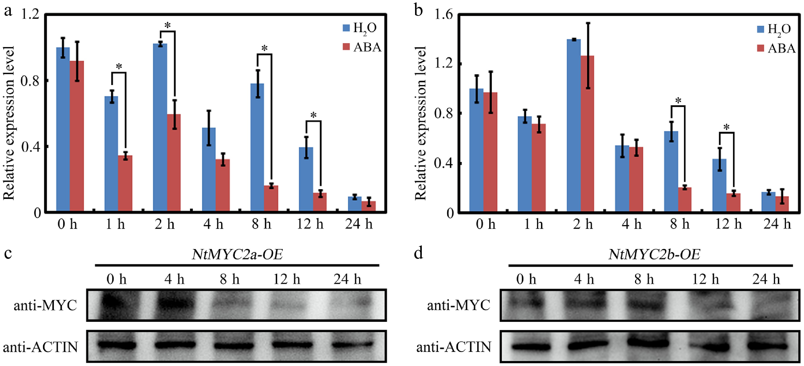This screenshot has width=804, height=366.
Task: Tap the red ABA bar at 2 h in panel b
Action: coord(587,134)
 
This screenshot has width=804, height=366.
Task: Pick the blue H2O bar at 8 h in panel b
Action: coord(671,172)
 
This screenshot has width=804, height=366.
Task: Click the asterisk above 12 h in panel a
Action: coord(313,115)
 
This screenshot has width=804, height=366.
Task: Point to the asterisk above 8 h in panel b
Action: coord(678,101)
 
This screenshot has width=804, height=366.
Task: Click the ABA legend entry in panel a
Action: coord(362,47)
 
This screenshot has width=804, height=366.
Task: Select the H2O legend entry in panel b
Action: coord(774,29)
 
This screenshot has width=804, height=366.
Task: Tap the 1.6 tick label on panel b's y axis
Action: coord(443,15)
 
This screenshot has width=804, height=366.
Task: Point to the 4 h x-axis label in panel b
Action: coord(631,224)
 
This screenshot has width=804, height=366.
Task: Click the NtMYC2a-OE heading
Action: coord(237,255)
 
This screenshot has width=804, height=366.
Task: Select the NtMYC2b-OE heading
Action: coord(654,255)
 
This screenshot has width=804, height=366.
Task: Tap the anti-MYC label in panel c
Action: coord(45,305)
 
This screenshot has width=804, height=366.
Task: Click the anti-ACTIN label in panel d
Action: coord(454,347)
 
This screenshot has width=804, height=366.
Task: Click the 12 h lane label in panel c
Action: coord(287,279)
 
